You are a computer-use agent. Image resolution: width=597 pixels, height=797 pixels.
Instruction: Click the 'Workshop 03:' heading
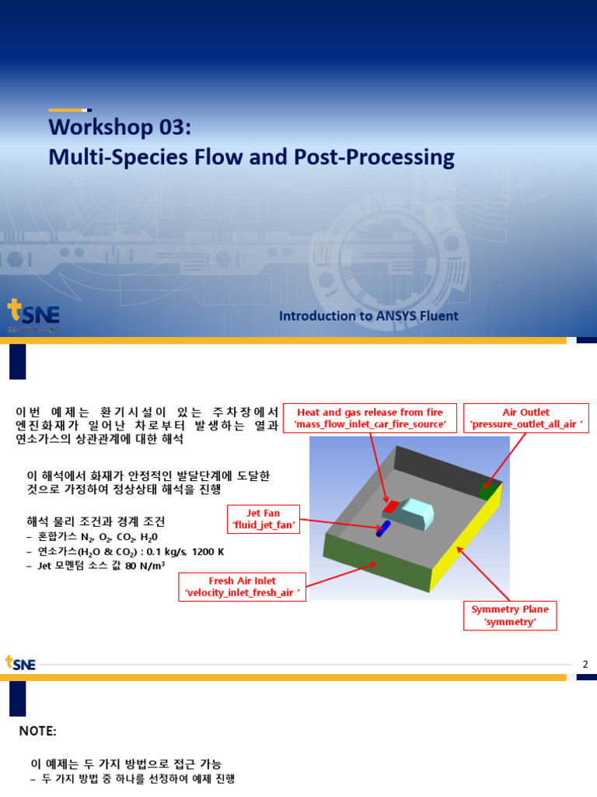coord(118,127)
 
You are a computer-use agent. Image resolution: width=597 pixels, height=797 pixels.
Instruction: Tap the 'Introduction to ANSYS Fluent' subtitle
coord(368,316)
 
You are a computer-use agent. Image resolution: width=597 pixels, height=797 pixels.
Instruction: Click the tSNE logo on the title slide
coord(33,315)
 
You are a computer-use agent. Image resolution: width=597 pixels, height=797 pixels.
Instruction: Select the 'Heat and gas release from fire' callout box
coord(369,418)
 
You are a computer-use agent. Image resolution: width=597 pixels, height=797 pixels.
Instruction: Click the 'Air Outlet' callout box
coord(525,418)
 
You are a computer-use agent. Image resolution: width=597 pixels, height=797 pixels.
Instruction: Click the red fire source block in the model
coord(390,508)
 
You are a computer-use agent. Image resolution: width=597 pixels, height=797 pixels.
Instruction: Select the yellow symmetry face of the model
coord(466,545)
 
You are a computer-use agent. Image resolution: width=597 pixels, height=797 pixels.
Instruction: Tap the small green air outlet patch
coord(488,492)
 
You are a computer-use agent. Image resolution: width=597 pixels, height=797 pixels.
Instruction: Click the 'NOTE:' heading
coord(38,732)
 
